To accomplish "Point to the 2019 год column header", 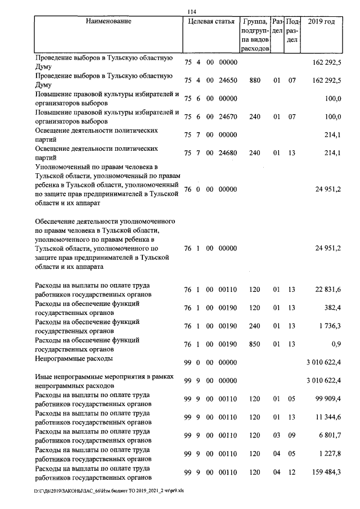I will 322,21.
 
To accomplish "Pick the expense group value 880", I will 255,80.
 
